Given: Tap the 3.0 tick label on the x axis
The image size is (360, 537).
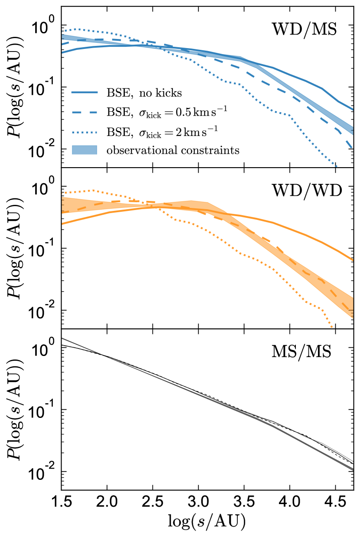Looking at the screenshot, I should [198, 504].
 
